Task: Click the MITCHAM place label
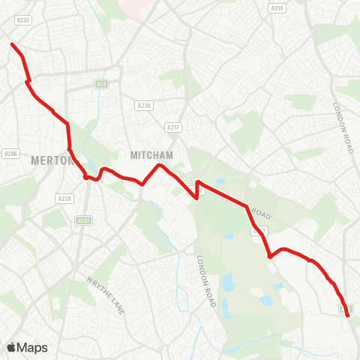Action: coord(152,154)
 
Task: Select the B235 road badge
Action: coord(23,21)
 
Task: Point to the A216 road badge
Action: coord(278,8)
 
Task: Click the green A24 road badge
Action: coord(103,84)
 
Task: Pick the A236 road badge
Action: coord(144,106)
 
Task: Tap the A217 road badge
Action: coord(173,127)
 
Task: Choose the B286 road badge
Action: coord(10,154)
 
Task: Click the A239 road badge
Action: coord(64,198)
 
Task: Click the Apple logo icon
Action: coord(11,347)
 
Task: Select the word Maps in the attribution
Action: coord(33,347)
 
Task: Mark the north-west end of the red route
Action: coord(12,45)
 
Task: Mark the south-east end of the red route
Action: coord(349,316)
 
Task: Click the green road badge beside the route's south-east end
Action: coord(345,307)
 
